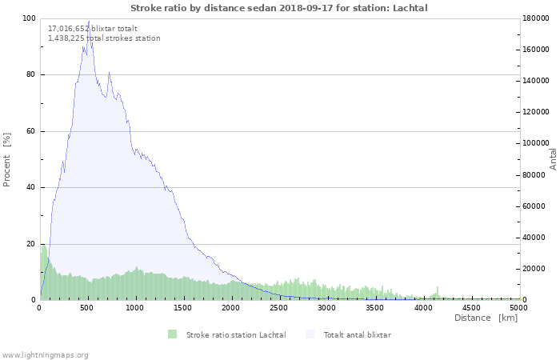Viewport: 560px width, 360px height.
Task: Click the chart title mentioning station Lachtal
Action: (x=279, y=8)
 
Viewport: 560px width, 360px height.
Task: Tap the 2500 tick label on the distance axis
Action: (x=278, y=308)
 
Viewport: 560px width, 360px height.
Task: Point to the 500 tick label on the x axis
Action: (x=86, y=308)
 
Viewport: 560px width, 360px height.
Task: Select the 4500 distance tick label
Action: (x=471, y=308)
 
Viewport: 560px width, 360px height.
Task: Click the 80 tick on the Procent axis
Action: (x=30, y=74)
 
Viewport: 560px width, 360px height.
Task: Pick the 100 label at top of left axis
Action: (x=29, y=18)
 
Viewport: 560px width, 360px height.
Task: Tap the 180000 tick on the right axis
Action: (x=536, y=18)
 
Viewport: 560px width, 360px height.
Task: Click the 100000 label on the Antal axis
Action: (x=536, y=143)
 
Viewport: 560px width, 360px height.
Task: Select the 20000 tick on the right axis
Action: (x=534, y=269)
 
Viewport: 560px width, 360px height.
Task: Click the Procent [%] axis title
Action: (x=6, y=160)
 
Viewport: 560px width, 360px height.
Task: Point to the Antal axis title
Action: (x=553, y=159)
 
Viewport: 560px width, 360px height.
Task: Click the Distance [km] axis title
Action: (x=486, y=318)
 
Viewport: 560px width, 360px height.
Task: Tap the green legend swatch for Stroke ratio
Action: (x=173, y=334)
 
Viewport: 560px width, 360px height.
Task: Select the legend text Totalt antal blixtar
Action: (x=357, y=335)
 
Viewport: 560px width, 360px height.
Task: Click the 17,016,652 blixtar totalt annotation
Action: (x=93, y=29)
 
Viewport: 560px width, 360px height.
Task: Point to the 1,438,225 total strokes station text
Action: (x=104, y=38)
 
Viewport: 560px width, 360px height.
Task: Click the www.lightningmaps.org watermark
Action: (x=44, y=355)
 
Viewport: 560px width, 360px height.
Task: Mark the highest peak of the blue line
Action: (x=89, y=21)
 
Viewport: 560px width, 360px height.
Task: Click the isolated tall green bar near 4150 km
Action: (x=438, y=293)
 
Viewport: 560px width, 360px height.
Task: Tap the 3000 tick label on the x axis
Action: (x=326, y=308)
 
